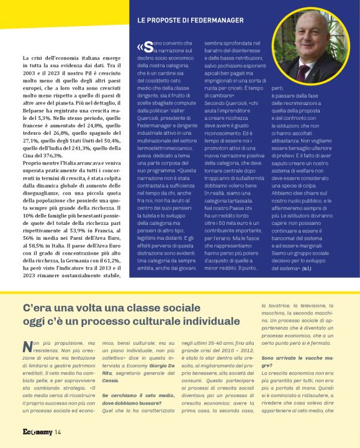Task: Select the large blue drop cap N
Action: point(27,347)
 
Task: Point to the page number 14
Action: point(57,432)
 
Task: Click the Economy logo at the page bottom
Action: point(36,432)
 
